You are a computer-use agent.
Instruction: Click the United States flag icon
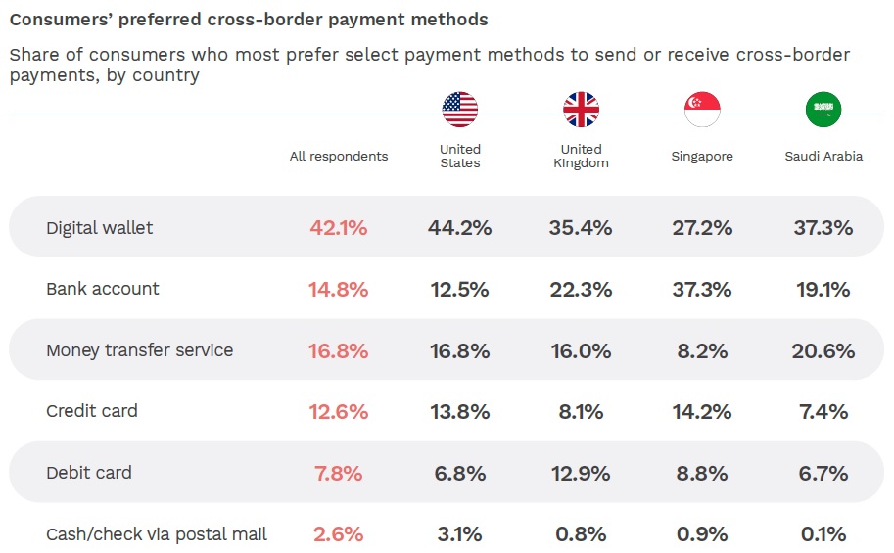click(x=459, y=110)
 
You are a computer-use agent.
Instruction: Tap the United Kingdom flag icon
click(x=581, y=110)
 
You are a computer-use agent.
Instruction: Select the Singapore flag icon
click(x=702, y=110)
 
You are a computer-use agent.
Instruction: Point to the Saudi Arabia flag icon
click(x=823, y=110)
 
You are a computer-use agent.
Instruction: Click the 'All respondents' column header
click(x=339, y=157)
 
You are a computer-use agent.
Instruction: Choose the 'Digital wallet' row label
click(x=100, y=228)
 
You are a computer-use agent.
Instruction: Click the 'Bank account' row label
click(x=103, y=289)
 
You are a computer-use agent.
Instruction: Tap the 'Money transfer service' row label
click(x=140, y=350)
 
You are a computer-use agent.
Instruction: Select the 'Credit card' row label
click(x=92, y=411)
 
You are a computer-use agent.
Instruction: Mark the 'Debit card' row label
click(x=88, y=473)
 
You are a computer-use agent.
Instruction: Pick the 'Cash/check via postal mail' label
click(x=157, y=534)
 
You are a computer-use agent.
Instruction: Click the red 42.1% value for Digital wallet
click(x=339, y=228)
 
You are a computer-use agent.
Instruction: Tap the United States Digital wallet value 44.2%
click(x=459, y=228)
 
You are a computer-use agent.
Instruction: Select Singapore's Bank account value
click(x=702, y=290)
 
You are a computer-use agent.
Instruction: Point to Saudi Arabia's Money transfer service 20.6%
click(x=823, y=350)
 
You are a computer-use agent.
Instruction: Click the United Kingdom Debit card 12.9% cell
click(x=581, y=473)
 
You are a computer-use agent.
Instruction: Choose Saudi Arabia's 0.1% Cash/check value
click(x=823, y=534)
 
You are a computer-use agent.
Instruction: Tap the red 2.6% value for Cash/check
click(x=339, y=534)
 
